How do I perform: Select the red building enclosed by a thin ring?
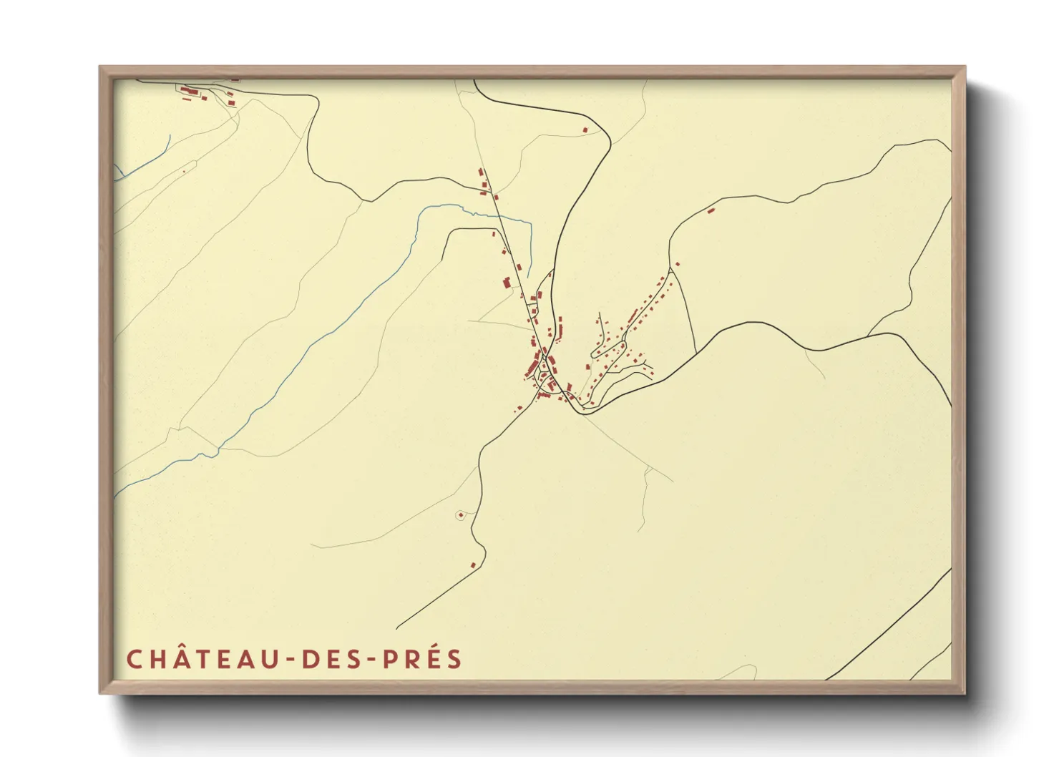pyautogui.click(x=460, y=514)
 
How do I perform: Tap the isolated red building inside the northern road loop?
pyautogui.click(x=585, y=130)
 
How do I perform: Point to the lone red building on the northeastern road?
pyautogui.click(x=711, y=210)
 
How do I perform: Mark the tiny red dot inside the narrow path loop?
pyautogui.click(x=184, y=171)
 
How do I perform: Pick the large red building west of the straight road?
pyautogui.click(x=507, y=283)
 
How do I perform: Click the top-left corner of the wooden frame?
pyautogui.click(x=101, y=68)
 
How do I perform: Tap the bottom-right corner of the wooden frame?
pyautogui.click(x=964, y=693)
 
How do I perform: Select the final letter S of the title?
pyautogui.click(x=455, y=659)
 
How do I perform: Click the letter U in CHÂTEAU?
pyautogui.click(x=273, y=659)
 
